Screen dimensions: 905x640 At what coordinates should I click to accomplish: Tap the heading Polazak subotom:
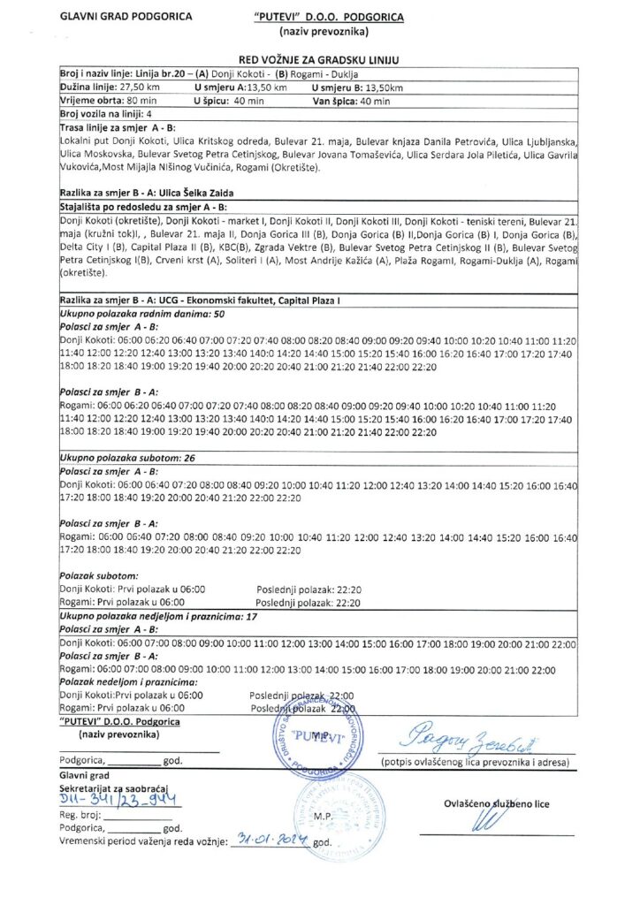pyautogui.click(x=94, y=576)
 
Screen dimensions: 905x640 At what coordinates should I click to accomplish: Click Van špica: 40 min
pyautogui.click(x=351, y=102)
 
